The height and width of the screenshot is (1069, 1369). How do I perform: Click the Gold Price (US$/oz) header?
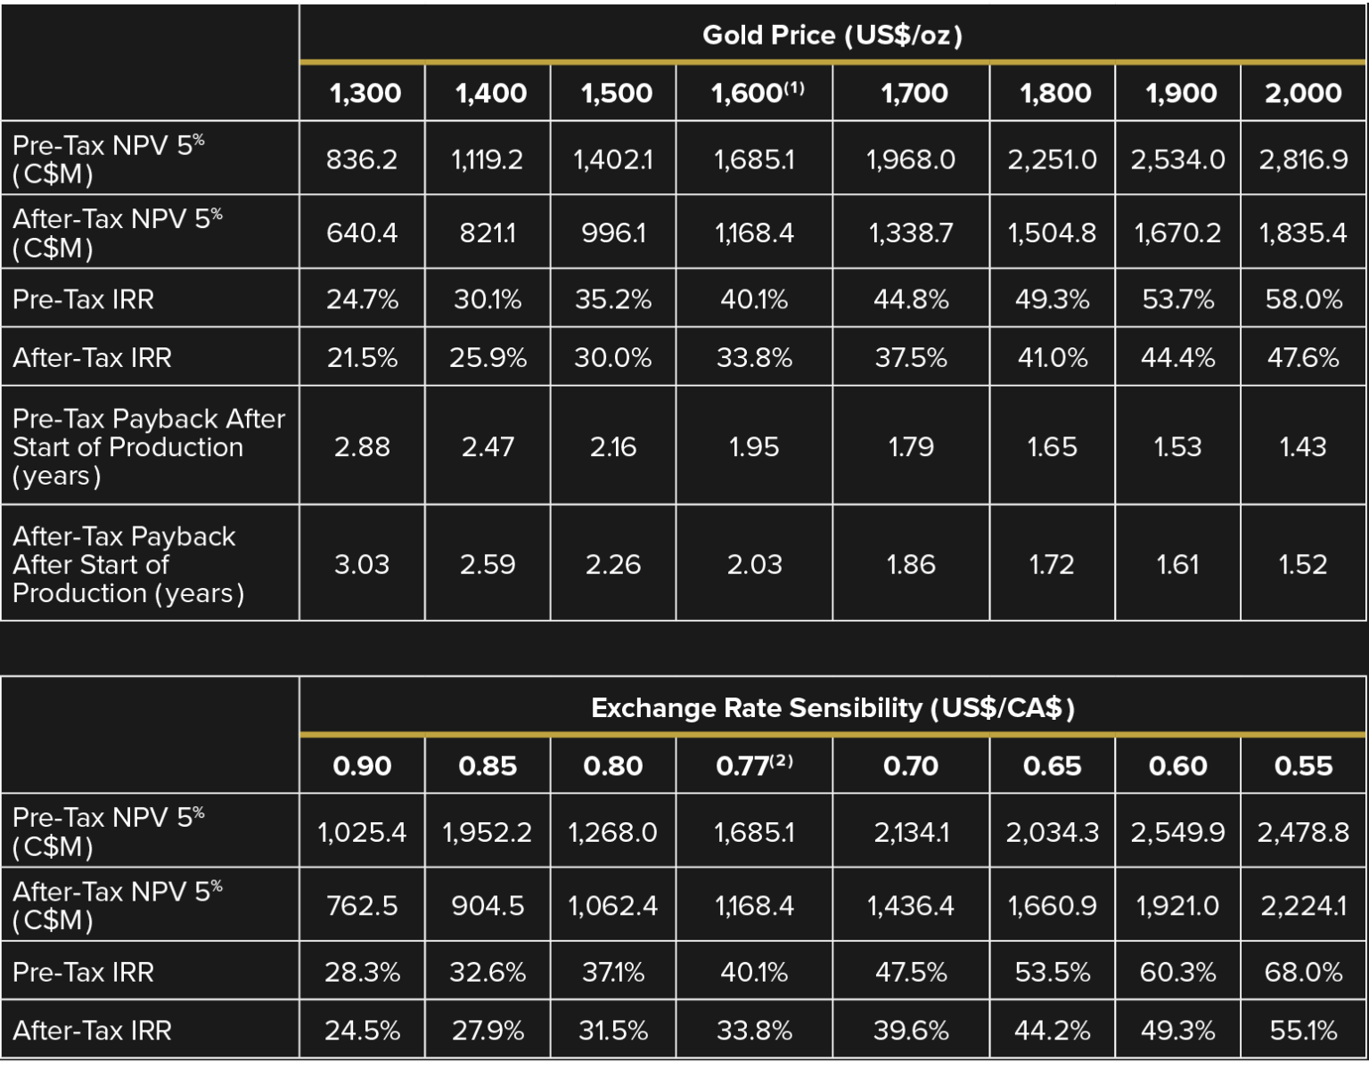coord(832,36)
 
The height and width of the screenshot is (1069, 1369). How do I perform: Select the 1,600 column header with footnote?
coord(757,93)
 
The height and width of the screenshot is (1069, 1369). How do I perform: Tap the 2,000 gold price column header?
coord(1303,93)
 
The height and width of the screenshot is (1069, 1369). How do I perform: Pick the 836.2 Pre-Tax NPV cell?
coord(362,159)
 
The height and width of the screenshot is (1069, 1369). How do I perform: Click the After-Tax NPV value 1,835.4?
coord(1303,233)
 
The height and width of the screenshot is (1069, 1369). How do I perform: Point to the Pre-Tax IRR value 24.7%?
coord(362,299)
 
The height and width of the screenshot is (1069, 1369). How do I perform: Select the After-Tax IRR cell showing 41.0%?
coord(1053,358)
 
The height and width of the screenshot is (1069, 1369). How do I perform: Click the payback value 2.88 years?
coord(362,446)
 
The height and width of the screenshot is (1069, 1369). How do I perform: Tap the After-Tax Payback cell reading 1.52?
coord(1303,564)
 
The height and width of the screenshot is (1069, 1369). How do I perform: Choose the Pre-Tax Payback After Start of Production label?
coord(149,446)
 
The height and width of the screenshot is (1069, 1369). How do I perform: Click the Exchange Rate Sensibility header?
coord(832,708)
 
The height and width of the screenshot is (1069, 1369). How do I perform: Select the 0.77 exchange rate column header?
coord(754,766)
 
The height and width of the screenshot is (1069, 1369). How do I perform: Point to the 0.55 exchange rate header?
coord(1303,766)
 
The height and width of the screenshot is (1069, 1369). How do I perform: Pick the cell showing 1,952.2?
coord(488,832)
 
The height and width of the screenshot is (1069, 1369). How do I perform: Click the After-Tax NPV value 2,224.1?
coord(1303,906)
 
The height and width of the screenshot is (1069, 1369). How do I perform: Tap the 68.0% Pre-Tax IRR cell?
coord(1303,972)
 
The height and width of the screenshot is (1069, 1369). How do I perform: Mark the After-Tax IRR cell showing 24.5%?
coord(362,1031)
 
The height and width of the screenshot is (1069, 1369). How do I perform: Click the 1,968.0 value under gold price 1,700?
coord(911,159)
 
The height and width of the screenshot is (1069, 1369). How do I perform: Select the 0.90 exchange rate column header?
coord(362,766)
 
